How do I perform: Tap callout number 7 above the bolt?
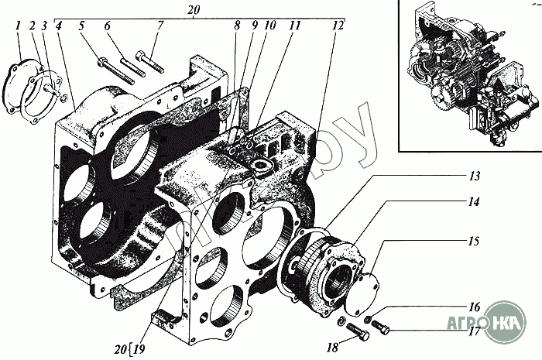(x=160, y=26)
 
